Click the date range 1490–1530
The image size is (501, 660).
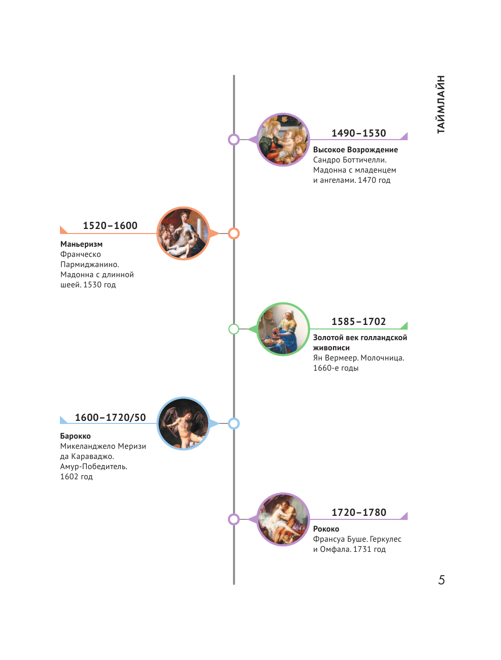pyautogui.click(x=358, y=133)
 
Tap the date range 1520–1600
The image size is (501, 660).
pyautogui.click(x=110, y=225)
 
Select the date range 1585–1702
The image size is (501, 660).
pyautogui.click(x=358, y=321)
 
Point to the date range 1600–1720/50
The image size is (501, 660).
pyautogui.click(x=110, y=417)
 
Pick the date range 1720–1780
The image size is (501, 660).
pyautogui.click(x=358, y=512)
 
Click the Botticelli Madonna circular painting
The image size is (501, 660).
pyautogui.click(x=283, y=140)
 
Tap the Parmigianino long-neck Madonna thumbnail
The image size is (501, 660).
pyautogui.click(x=183, y=234)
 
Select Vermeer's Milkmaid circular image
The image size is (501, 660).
pyautogui.click(x=283, y=329)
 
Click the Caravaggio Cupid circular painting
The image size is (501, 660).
pyautogui.click(x=183, y=423)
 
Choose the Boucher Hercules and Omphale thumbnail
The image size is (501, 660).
pyautogui.click(x=283, y=519)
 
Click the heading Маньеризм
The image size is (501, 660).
pyautogui.click(x=81, y=244)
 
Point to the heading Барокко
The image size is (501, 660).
pyautogui.click(x=75, y=436)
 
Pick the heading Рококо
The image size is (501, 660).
pyautogui.click(x=326, y=529)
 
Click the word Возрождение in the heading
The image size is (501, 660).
pyautogui.click(x=376, y=150)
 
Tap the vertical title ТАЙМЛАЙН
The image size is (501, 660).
pyautogui.click(x=440, y=105)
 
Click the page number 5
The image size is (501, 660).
pyautogui.click(x=441, y=580)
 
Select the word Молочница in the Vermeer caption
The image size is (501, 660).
pyautogui.click(x=382, y=358)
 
